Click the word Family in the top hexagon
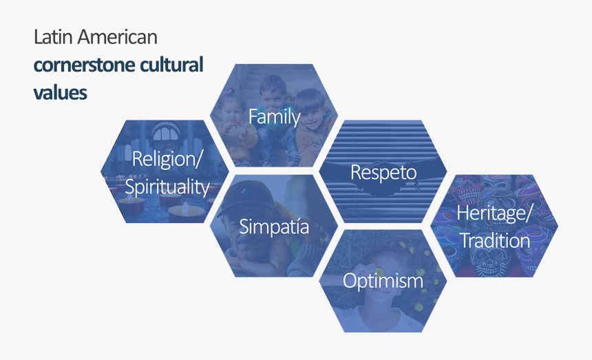pos(274,117)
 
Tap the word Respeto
pos(383,172)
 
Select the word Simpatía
pos(274,226)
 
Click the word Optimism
pos(383,281)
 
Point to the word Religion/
pos(167,160)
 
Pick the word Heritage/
pos(494,214)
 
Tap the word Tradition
pos(494,241)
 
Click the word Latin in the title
pos(52,37)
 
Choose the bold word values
pos(60,92)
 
